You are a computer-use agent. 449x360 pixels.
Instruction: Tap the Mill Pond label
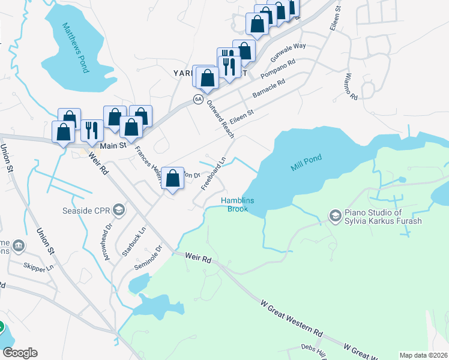[307, 163]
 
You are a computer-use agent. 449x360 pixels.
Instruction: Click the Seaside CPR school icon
[119, 210]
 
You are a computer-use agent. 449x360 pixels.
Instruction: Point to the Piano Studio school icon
[335, 215]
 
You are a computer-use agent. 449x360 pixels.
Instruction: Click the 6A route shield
[197, 99]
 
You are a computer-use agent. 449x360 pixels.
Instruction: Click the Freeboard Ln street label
[213, 174]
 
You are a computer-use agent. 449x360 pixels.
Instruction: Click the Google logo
[20, 353]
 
